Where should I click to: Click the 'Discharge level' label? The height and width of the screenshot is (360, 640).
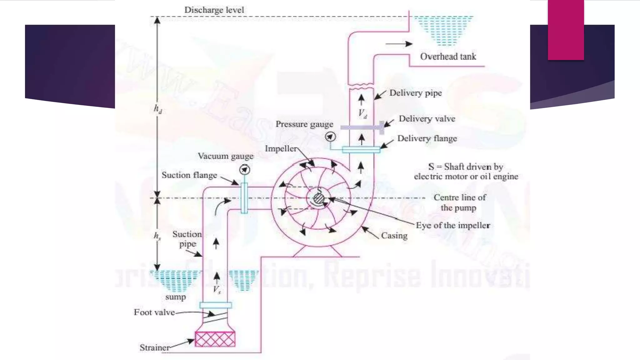click(214, 10)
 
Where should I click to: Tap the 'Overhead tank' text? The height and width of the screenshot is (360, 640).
click(448, 57)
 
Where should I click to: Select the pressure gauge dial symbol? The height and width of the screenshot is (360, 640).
click(330, 137)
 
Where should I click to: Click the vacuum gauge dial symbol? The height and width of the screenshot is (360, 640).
click(245, 170)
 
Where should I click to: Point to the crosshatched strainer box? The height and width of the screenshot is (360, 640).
click(215, 339)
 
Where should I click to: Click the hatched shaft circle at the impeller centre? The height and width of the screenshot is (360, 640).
click(318, 198)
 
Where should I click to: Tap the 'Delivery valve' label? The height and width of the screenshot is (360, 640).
click(427, 119)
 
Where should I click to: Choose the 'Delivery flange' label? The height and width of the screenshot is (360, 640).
click(427, 138)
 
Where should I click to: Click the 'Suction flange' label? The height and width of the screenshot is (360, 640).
click(189, 175)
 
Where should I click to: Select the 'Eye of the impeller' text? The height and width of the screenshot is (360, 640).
click(453, 225)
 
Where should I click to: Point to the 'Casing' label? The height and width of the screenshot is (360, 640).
click(394, 236)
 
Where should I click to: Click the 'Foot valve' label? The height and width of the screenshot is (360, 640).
click(154, 312)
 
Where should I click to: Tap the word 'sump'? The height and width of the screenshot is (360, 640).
click(175, 297)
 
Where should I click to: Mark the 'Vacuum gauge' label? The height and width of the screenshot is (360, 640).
click(226, 156)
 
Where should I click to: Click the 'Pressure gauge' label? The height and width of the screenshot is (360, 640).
click(304, 124)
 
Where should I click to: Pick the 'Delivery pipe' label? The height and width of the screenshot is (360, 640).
click(415, 93)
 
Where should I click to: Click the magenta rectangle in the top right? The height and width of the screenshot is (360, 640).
click(566, 30)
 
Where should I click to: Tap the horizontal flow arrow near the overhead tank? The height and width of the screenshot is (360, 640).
click(399, 44)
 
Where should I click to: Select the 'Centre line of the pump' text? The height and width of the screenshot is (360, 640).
click(459, 202)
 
